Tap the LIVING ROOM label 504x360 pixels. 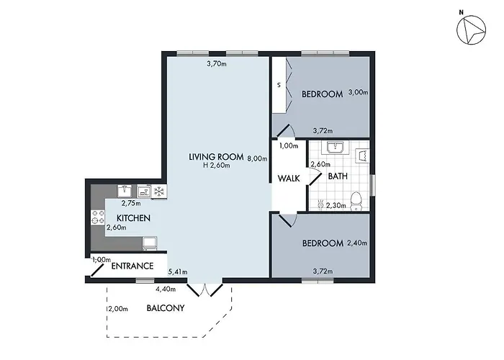(216, 157)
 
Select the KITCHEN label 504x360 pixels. (135, 217)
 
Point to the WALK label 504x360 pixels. (289, 178)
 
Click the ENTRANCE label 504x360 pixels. (133, 266)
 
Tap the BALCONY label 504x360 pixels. (166, 308)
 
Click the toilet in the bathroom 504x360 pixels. (355, 199)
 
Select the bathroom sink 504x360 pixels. (335, 148)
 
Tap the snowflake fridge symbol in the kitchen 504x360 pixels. (158, 191)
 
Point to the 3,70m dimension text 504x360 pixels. (217, 64)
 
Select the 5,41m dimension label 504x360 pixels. (178, 272)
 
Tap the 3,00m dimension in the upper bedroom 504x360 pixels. (358, 92)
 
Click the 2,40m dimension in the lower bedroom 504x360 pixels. (357, 243)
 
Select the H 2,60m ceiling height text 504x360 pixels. (216, 166)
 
